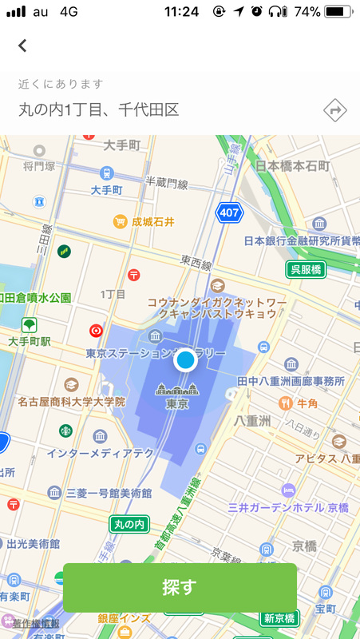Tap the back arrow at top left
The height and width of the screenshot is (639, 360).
click(x=22, y=46)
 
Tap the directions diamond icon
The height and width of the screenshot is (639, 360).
click(x=335, y=109)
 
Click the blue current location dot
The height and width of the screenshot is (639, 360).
click(x=185, y=360)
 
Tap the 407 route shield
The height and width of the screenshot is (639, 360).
click(x=229, y=212)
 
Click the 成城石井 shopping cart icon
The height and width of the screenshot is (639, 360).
click(x=120, y=221)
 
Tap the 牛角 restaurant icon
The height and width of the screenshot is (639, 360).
click(x=284, y=404)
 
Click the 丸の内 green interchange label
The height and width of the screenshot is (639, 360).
click(x=129, y=524)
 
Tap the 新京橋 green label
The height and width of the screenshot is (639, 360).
click(x=279, y=618)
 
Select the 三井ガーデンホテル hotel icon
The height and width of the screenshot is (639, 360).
click(x=287, y=490)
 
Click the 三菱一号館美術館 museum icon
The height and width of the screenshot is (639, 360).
click(x=53, y=492)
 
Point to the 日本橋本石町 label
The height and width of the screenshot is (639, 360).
click(x=292, y=165)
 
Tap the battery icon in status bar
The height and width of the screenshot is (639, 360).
click(x=338, y=12)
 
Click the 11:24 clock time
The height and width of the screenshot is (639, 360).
click(x=180, y=12)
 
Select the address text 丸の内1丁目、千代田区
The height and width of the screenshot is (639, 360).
click(x=98, y=109)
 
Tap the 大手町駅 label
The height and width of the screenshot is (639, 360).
click(x=30, y=341)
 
